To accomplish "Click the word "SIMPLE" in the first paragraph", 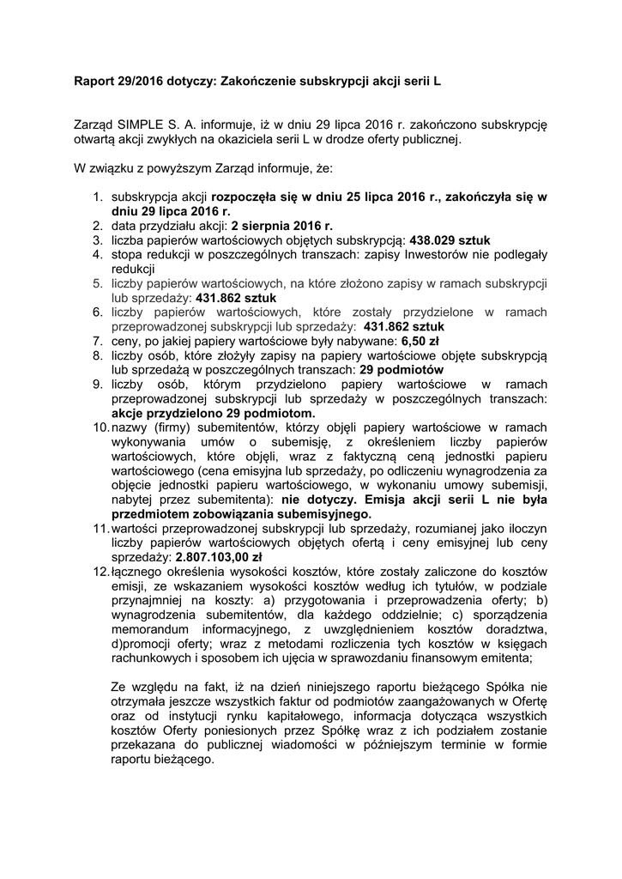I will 142,124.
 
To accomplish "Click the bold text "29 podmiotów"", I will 397,370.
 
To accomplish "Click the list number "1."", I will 99,197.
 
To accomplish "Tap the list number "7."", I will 99,341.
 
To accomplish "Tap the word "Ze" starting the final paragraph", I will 121,687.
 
